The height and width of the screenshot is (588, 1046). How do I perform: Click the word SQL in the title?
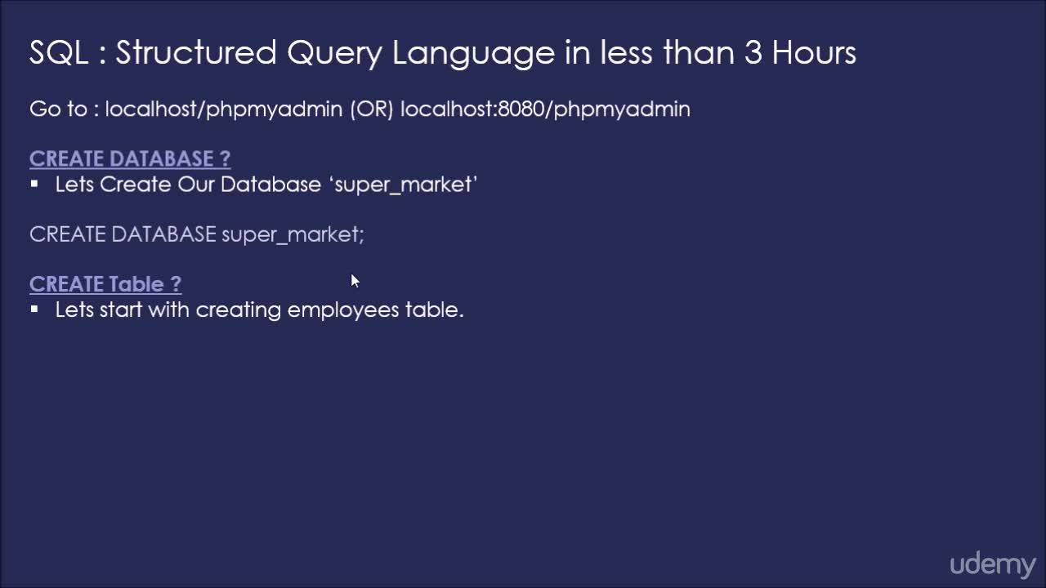coord(59,53)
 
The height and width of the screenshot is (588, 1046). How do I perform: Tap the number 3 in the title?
coord(753,53)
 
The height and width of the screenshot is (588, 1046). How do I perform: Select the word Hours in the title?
coord(814,53)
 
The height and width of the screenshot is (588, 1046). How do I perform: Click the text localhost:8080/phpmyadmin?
coord(545,109)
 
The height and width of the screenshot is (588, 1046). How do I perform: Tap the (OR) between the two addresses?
coord(372,109)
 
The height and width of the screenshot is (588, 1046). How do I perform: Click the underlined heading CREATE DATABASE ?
coord(130,158)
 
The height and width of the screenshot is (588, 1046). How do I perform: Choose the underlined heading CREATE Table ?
coord(105,284)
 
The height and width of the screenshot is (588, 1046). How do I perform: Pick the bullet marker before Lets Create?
coord(34,184)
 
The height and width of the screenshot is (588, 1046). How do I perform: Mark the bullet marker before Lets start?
coord(34,310)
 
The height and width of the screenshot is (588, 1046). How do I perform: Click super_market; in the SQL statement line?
coord(293,234)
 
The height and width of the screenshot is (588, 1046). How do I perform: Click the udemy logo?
coord(992,565)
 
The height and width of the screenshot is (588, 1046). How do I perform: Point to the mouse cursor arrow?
coord(355,281)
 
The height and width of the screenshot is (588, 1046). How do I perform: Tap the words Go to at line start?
coord(58,109)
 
